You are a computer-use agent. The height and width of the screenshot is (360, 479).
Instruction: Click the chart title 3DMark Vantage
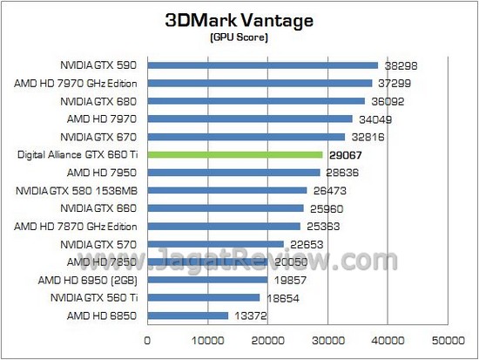tap(239, 22)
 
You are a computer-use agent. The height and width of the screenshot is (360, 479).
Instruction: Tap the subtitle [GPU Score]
tap(239, 40)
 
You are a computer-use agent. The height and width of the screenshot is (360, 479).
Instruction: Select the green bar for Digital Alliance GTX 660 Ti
tap(235, 154)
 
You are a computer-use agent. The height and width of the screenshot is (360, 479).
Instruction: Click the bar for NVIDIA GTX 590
tap(263, 65)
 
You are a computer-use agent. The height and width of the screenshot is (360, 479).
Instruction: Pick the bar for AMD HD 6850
tap(188, 316)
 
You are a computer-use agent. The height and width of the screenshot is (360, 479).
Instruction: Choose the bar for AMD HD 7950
tap(233, 172)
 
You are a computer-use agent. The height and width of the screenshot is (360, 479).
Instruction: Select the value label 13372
tap(249, 316)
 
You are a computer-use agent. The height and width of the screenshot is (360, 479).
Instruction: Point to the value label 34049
tap(374, 119)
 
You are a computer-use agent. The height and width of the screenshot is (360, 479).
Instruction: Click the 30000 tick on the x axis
tap(327, 339)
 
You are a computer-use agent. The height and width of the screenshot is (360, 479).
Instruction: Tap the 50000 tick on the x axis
tap(448, 339)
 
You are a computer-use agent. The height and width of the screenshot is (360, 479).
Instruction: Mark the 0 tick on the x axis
tap(148, 339)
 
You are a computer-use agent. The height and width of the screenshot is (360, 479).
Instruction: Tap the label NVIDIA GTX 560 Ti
tap(96, 298)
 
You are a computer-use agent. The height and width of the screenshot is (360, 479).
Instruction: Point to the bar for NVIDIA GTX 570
tap(216, 244)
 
